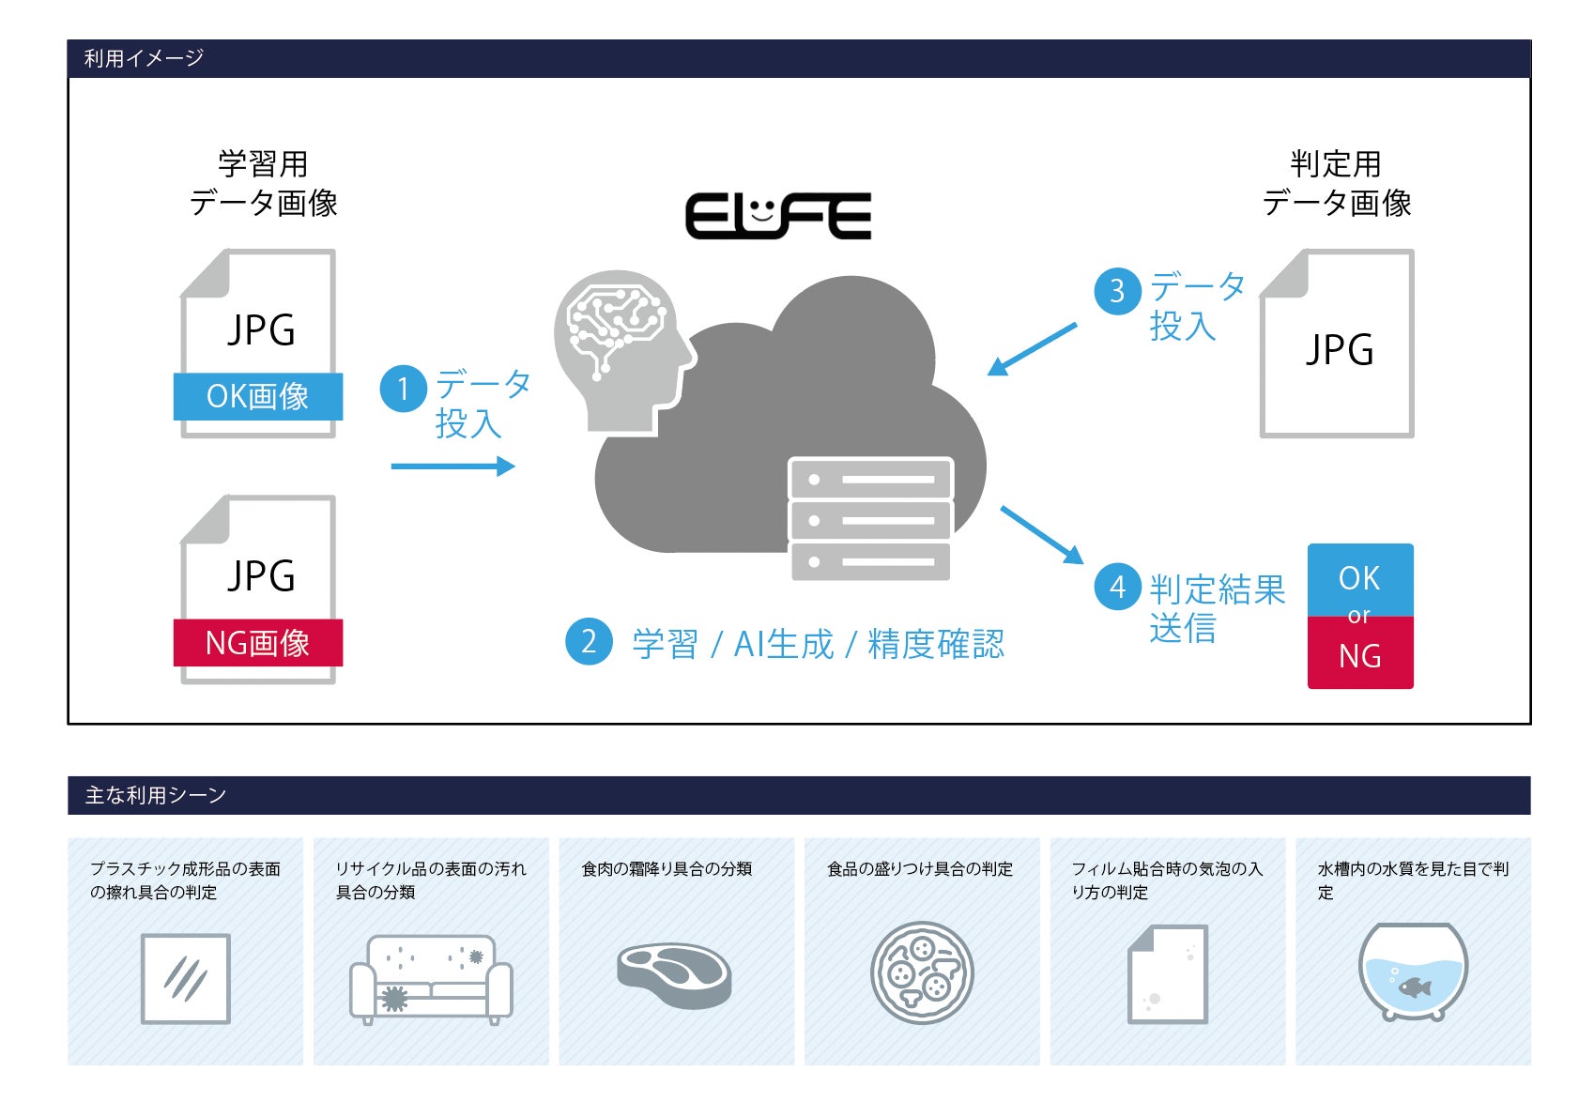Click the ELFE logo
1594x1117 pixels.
pos(777,216)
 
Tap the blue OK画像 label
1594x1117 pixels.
pos(258,396)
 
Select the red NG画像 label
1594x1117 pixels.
pos(258,643)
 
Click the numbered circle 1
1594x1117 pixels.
pos(404,388)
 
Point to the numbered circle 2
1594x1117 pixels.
pos(589,641)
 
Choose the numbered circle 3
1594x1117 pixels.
pos(1117,291)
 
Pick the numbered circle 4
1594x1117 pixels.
pos(1117,587)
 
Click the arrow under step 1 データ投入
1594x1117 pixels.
pos(453,466)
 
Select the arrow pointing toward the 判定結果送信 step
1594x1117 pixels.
pos(1042,535)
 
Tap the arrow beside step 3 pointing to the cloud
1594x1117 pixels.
pos(1032,349)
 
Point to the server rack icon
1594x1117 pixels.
pos(870,519)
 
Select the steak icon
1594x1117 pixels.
pos(674,974)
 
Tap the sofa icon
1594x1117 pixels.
pos(431,979)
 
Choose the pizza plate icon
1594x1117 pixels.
pos(922,973)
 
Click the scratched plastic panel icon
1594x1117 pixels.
pos(186,979)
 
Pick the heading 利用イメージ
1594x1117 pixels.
pos(144,58)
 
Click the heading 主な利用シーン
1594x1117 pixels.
pos(156,796)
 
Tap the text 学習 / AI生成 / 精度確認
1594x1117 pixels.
pos(818,644)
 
